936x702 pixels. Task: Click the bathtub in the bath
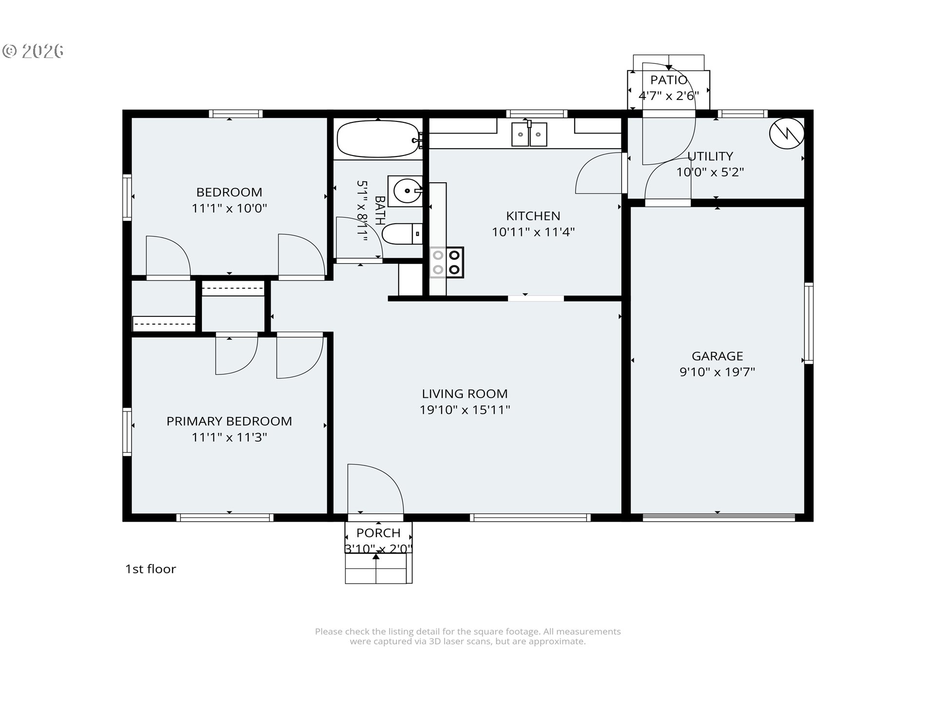click(378, 139)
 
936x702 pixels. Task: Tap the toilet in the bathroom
click(401, 234)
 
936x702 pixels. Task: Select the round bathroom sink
click(405, 191)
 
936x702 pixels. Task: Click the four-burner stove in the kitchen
click(446, 262)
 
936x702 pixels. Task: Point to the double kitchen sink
click(529, 134)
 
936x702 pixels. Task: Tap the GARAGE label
click(717, 356)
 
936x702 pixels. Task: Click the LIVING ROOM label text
click(465, 393)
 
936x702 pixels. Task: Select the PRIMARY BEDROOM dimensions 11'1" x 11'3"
click(229, 437)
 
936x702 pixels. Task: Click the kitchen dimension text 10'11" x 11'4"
click(533, 232)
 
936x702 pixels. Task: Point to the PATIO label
click(668, 80)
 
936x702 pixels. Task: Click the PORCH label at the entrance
click(378, 533)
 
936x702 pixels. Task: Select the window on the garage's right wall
click(808, 323)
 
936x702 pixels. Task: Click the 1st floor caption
click(150, 569)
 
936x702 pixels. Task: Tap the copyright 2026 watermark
click(33, 51)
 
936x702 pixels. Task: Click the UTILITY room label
click(710, 156)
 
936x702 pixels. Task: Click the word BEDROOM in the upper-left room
click(229, 192)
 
